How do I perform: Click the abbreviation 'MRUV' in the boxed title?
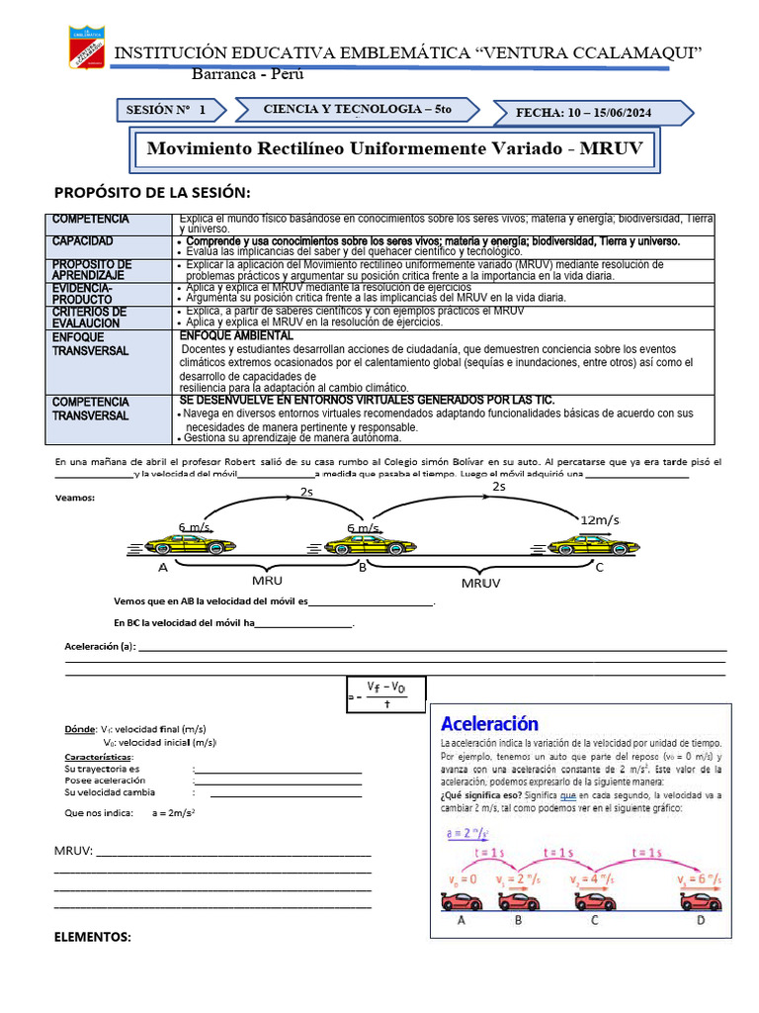click(x=611, y=148)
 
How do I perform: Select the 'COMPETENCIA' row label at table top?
click(x=90, y=219)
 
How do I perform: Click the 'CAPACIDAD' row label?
click(x=83, y=241)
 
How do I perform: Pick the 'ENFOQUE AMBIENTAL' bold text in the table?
click(x=236, y=336)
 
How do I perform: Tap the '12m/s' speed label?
click(x=600, y=519)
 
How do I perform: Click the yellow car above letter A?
click(x=190, y=544)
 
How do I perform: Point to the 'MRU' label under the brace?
click(x=267, y=581)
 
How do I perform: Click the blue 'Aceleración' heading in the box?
click(x=489, y=723)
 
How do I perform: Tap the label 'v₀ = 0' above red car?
click(x=463, y=878)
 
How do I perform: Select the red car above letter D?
click(x=701, y=900)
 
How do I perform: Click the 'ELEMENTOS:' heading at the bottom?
click(x=92, y=936)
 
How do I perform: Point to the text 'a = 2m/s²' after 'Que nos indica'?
click(x=173, y=812)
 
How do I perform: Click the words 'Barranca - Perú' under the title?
click(x=247, y=75)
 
